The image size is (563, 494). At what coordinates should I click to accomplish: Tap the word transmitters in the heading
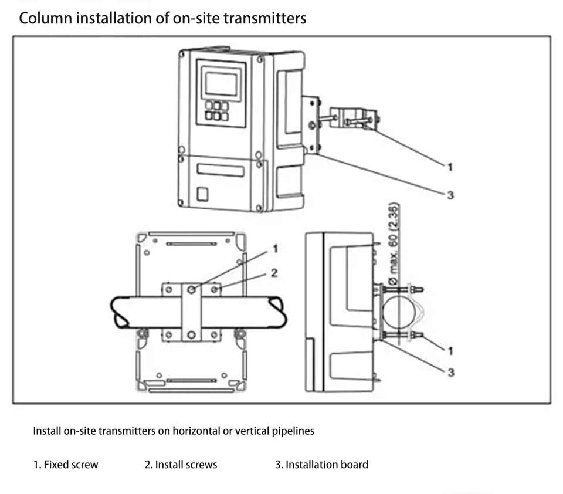click(265, 18)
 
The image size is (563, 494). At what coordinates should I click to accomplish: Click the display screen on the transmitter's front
click(221, 84)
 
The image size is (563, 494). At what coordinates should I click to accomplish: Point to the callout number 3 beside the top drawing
click(450, 195)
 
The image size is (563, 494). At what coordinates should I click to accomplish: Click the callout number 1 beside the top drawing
click(450, 167)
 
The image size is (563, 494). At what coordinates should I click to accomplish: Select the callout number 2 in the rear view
click(274, 273)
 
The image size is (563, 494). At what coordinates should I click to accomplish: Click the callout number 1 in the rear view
click(276, 249)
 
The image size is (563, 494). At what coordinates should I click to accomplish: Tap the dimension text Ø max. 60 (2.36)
click(394, 244)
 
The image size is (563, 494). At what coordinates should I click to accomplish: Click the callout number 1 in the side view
click(450, 351)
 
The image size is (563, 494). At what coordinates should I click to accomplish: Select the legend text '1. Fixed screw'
click(66, 465)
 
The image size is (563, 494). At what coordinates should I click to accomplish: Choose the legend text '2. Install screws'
click(181, 465)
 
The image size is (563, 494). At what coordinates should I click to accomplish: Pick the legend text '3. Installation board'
click(322, 465)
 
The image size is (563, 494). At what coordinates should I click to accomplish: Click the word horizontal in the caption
click(196, 431)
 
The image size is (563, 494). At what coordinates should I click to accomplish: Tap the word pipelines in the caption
click(293, 431)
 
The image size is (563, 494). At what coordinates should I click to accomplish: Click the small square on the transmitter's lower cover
click(202, 194)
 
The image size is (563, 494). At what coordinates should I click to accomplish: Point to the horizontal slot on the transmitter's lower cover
click(220, 170)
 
